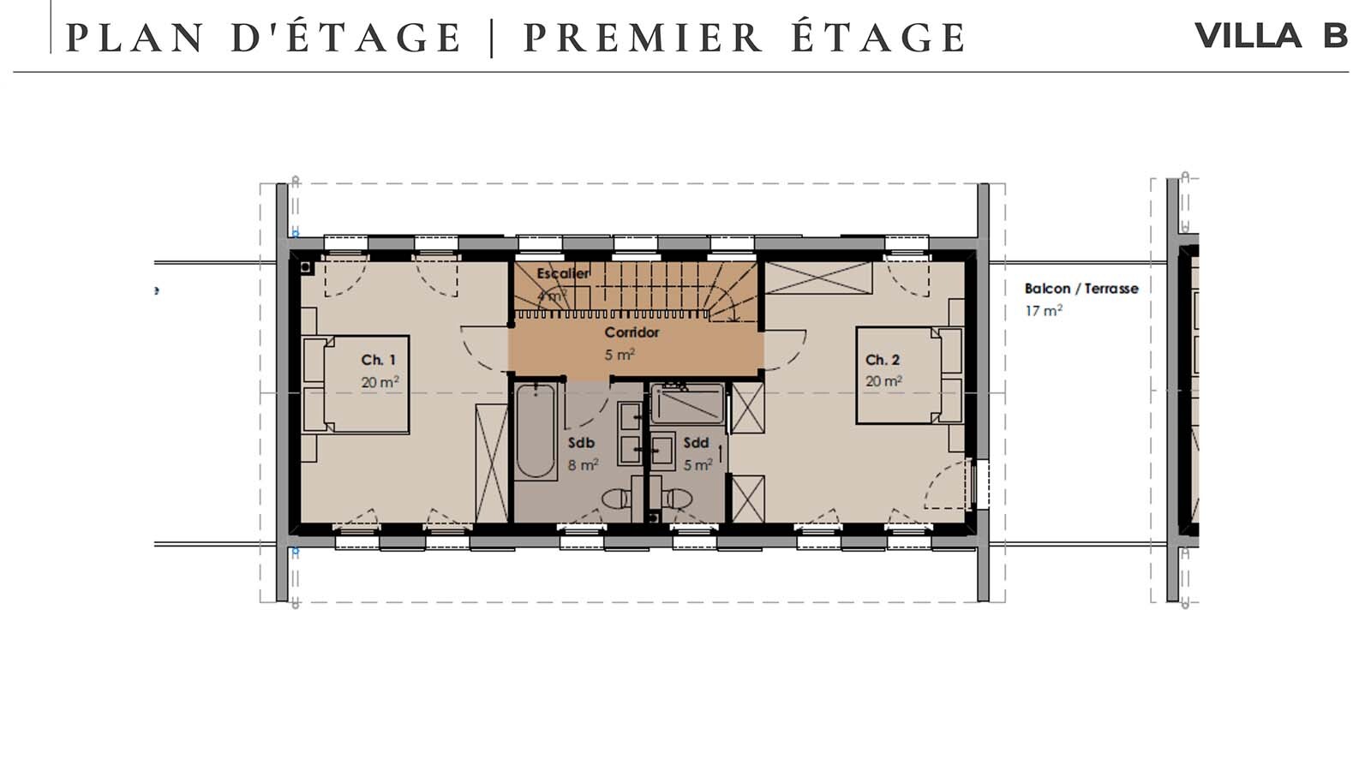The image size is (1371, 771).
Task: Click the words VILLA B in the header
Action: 1271,36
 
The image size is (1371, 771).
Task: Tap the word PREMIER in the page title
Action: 643,39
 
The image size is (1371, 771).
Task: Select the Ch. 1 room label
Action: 378,360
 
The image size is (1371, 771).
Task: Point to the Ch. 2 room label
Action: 882,360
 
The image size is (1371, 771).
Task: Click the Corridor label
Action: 632,332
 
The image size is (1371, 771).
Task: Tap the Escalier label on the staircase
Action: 562,273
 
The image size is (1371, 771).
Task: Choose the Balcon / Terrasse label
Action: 1081,289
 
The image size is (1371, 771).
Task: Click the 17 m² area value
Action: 1043,311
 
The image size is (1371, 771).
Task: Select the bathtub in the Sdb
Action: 536,431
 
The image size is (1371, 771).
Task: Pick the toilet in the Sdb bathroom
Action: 616,498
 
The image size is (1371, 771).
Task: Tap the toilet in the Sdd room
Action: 677,498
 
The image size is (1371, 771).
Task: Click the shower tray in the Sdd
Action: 686,403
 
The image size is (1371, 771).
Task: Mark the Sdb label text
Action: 581,443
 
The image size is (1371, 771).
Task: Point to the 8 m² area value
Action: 583,465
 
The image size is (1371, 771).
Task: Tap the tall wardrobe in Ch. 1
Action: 492,463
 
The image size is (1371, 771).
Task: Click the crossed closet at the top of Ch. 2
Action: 817,278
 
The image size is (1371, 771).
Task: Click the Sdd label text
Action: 696,443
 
